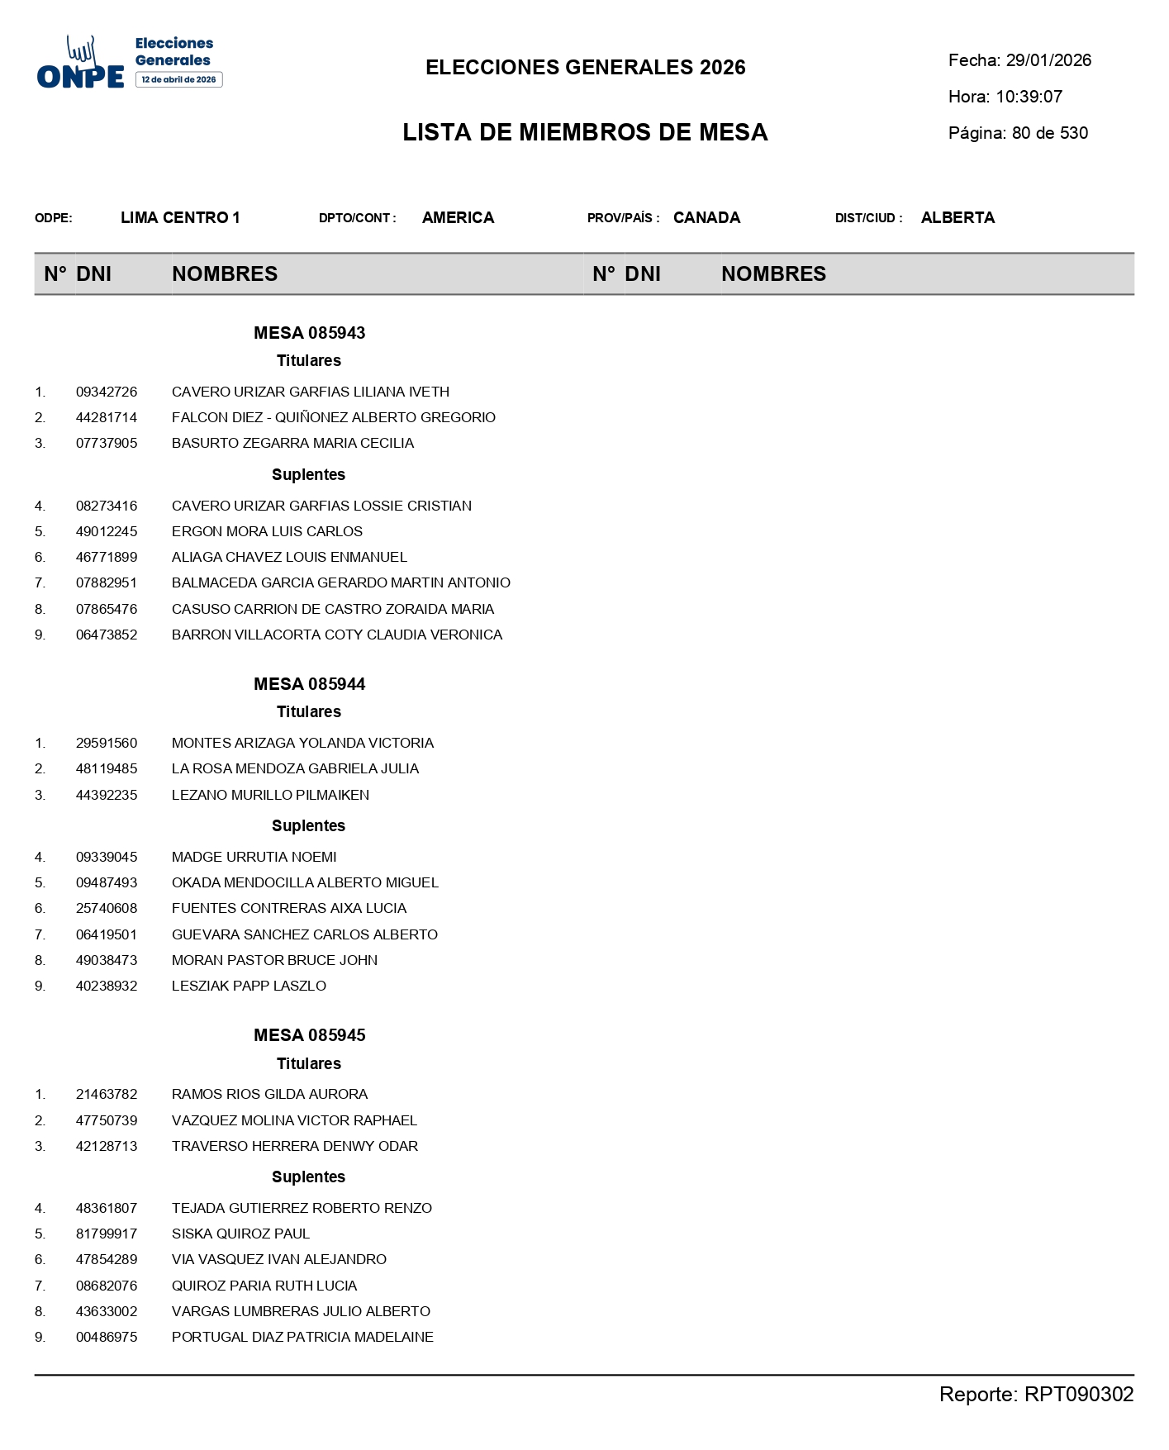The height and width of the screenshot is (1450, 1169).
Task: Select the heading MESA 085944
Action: (309, 684)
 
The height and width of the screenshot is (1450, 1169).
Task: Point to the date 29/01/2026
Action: (1048, 60)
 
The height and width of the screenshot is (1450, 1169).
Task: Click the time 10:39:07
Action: (1029, 97)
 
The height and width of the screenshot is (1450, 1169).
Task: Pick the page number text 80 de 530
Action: (1049, 133)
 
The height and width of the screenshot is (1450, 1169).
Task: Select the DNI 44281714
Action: (107, 417)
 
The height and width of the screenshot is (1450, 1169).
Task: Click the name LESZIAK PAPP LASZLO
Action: (249, 986)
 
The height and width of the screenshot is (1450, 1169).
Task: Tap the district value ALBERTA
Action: (958, 218)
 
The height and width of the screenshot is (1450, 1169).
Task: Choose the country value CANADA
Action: (706, 218)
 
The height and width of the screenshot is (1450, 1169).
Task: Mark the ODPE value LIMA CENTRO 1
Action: (180, 218)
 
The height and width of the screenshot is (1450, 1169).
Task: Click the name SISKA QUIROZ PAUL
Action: (240, 1234)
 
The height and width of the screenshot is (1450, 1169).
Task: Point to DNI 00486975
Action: (107, 1337)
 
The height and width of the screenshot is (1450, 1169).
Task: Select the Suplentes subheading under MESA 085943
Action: (308, 474)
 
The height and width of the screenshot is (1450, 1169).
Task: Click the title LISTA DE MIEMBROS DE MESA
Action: (585, 132)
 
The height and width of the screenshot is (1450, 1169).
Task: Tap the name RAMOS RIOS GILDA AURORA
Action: (269, 1094)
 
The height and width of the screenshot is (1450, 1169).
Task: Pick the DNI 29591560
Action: (107, 743)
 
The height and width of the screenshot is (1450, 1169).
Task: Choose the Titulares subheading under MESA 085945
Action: (308, 1063)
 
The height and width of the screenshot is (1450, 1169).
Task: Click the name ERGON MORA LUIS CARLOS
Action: (267, 531)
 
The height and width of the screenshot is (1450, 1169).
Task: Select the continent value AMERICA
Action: (458, 218)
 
